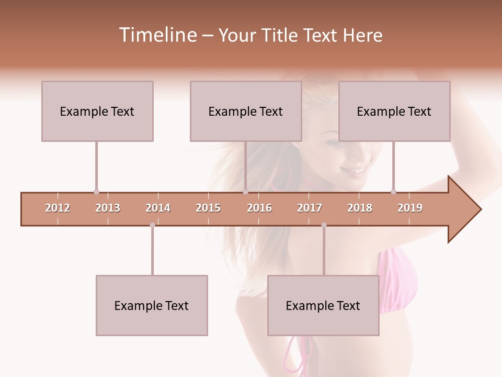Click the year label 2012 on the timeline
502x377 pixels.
click(58, 208)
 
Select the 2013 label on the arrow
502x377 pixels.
click(108, 208)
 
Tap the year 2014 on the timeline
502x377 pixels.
click(158, 208)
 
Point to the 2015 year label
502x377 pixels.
click(208, 208)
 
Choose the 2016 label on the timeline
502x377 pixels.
click(259, 208)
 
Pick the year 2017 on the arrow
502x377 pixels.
click(310, 208)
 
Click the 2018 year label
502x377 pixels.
click(360, 208)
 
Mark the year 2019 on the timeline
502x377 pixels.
click(410, 208)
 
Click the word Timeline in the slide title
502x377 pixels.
click(157, 35)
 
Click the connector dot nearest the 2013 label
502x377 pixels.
click(96, 192)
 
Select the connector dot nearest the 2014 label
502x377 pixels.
click(152, 225)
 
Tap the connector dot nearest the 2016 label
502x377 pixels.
click(245, 192)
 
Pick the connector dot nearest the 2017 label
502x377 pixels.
click(324, 225)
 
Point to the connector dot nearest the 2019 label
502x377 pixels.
click(393, 192)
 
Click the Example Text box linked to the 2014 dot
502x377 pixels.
click(152, 305)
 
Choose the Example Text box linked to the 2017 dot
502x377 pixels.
click(323, 305)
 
